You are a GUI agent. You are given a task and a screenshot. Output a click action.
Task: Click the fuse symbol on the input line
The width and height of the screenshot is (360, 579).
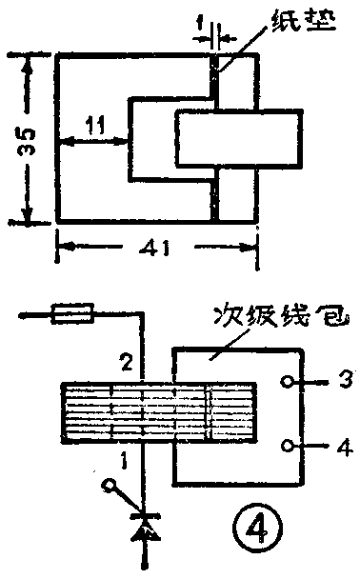(75, 310)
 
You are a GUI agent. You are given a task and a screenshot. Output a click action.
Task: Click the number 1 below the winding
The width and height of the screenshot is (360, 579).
(121, 460)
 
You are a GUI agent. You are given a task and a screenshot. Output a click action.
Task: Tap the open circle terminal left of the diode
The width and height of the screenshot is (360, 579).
(110, 487)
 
